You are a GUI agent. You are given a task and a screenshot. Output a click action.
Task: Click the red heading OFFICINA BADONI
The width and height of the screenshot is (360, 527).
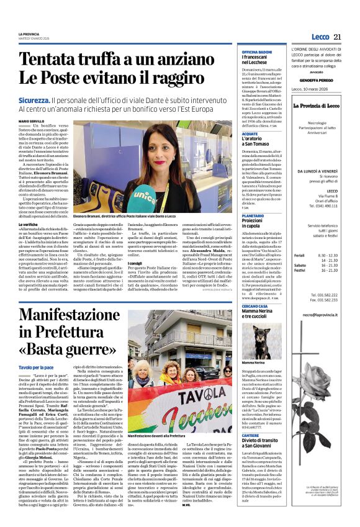click(x=257, y=51)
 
